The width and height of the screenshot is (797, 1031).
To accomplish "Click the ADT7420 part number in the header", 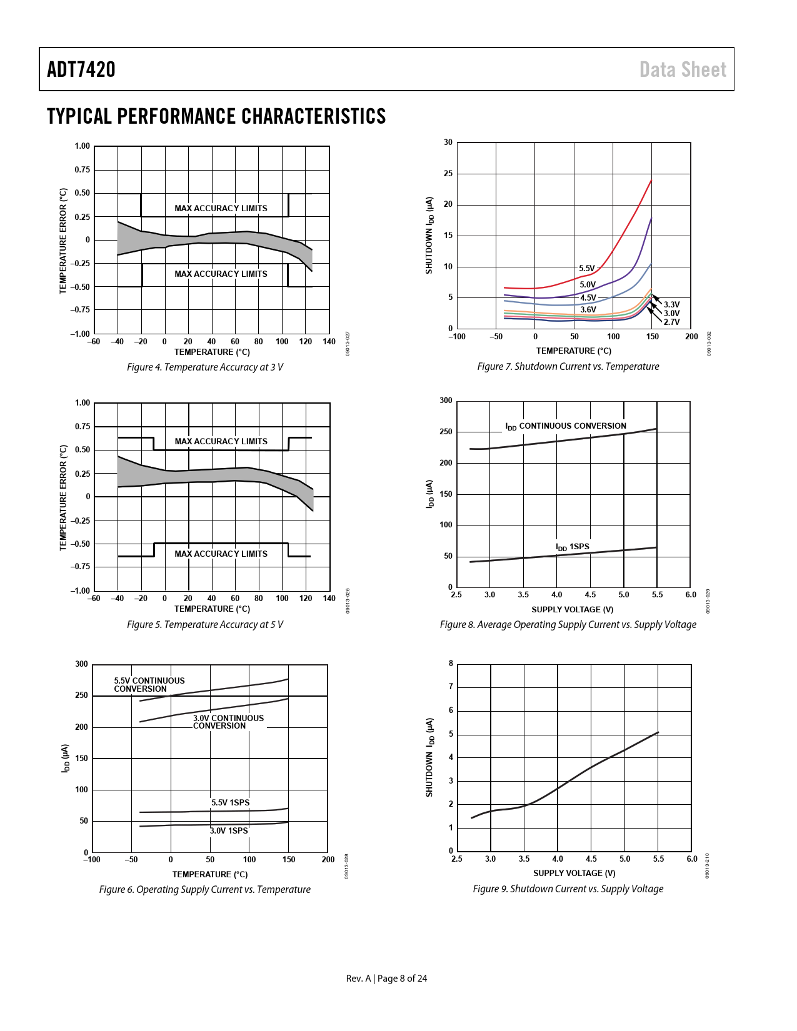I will point(81,69).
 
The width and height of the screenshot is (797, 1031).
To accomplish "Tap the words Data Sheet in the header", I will point(683,69).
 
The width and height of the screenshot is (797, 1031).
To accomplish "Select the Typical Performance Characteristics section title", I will point(216,116).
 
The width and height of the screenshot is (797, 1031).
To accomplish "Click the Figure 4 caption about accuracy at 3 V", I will point(205,367).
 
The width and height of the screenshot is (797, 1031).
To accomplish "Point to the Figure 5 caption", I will point(205,625).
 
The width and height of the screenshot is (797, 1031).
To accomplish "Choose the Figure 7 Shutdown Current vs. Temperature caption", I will point(568,367).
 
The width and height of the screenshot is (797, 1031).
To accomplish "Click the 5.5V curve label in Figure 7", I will point(586,269).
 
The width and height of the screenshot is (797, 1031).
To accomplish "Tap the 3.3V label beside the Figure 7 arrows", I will point(671,305).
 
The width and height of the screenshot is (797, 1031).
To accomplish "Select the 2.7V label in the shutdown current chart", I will point(671,322).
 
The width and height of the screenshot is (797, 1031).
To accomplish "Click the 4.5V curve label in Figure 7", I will point(588,298).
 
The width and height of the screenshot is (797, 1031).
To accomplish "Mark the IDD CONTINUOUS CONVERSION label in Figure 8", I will point(565,426).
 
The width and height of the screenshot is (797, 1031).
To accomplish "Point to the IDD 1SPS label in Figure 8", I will point(572,547).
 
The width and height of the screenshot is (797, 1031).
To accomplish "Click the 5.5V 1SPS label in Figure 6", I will point(230,803).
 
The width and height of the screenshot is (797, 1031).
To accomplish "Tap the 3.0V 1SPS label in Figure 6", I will point(229,831).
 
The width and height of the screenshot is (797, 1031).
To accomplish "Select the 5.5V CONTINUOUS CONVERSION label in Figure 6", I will point(149,685).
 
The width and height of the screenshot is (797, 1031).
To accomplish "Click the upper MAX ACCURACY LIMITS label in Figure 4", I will point(221,209).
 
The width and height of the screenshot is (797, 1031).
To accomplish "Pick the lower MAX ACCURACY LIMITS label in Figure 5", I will point(221,554).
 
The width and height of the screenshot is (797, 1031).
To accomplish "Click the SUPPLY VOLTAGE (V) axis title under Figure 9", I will point(574,874).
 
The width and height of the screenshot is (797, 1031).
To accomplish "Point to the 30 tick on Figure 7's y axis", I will point(448,142).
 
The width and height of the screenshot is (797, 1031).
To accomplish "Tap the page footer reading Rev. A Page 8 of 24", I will point(386,979).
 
